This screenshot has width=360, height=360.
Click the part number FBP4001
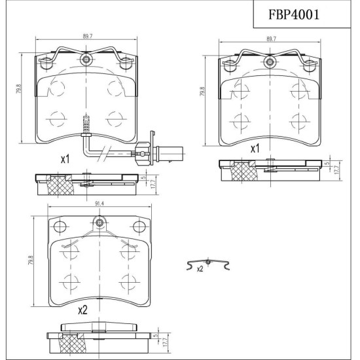(294, 14)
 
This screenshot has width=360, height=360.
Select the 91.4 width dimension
(99, 204)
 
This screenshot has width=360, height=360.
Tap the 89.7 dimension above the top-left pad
(88, 36)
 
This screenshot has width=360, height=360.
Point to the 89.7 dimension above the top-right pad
(271, 39)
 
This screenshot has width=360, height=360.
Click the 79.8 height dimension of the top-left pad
(19, 89)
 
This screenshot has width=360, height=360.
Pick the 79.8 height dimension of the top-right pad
(202, 91)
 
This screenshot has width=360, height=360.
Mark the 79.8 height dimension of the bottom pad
(31, 261)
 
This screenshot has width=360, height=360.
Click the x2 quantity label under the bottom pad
(82, 310)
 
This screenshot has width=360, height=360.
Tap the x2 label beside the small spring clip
(200, 269)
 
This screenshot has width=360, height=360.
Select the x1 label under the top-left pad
(65, 159)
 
